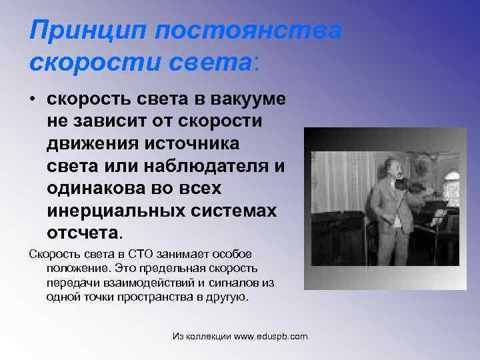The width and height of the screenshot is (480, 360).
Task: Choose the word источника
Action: (x=203, y=144)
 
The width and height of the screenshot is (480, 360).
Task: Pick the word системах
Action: (x=229, y=211)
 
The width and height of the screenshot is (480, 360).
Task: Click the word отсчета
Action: (x=83, y=233)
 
